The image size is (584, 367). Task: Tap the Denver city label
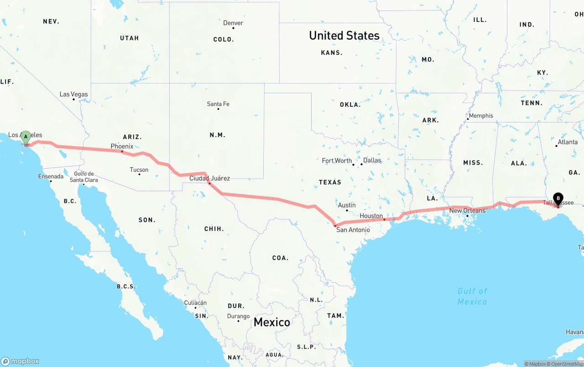click(233, 23)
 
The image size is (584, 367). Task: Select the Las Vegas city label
click(73, 95)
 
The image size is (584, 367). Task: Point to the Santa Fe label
click(218, 104)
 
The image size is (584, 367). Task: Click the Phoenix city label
click(122, 146)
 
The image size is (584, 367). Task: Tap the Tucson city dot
click(139, 175)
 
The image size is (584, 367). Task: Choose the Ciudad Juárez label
click(209, 178)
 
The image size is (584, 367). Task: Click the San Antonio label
click(353, 229)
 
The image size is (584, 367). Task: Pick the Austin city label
click(347, 205)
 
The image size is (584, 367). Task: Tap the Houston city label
click(371, 216)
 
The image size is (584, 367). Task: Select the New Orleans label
click(467, 211)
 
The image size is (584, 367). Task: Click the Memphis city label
click(481, 116)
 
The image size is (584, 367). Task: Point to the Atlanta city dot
click(557, 146)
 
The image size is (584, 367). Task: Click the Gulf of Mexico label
click(472, 296)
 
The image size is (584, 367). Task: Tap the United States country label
click(344, 36)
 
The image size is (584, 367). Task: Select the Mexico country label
click(271, 322)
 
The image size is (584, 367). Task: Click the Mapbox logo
click(20, 361)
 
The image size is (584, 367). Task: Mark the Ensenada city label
click(51, 176)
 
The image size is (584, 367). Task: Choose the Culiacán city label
click(195, 303)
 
